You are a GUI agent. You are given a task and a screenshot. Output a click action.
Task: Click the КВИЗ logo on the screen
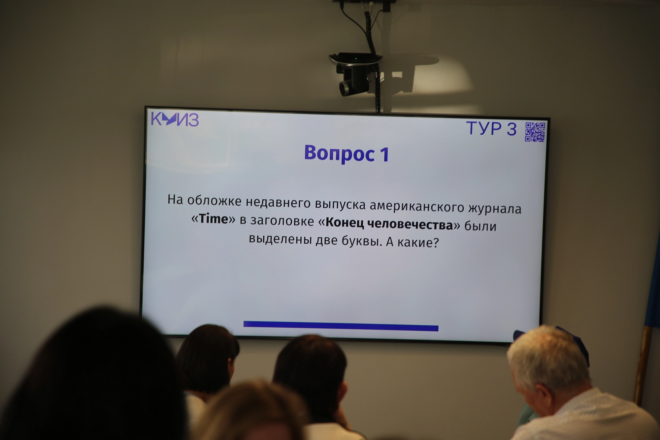point(175,119)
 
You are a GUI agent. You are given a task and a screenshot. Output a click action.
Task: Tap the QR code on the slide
point(535,132)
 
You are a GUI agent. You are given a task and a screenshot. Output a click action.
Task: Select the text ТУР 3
point(491,128)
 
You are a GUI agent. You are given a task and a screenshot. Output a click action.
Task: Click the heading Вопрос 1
point(346,153)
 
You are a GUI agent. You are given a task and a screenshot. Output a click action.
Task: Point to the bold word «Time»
point(214,219)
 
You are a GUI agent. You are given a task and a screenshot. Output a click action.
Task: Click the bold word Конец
point(345,223)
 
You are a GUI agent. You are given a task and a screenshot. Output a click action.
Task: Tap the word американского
point(417,206)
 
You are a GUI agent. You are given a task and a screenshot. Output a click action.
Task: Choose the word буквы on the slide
point(362,241)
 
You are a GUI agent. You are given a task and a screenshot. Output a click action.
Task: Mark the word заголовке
point(282,221)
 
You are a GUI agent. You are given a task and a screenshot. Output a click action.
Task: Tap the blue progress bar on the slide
point(341,326)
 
